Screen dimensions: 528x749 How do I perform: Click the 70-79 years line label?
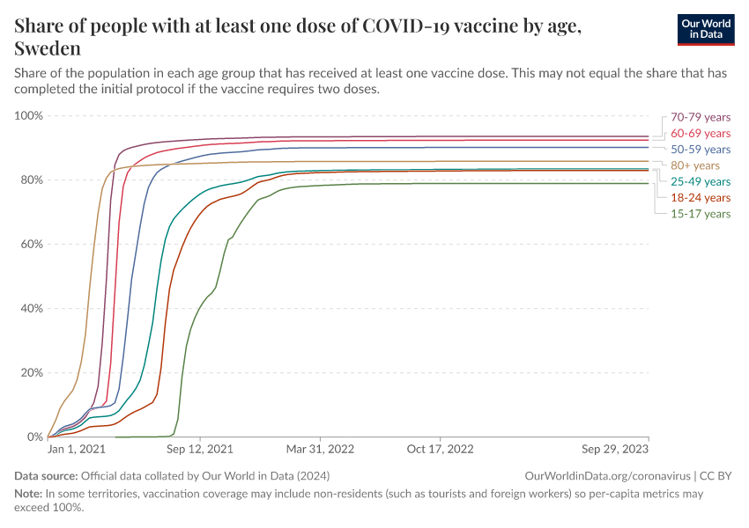coord(701,117)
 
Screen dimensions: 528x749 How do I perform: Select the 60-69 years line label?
coord(701,133)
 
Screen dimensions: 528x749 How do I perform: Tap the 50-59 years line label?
coord(701,150)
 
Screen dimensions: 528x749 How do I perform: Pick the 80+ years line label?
coord(695,165)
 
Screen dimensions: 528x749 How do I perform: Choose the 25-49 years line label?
coord(701,181)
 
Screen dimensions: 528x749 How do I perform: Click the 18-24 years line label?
coord(701,198)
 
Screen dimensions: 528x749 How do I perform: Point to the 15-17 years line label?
coord(701,214)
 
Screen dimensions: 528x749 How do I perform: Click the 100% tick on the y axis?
coord(29,116)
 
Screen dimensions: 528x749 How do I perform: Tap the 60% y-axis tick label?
coord(32,245)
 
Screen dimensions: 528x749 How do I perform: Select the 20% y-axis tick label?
coord(32,372)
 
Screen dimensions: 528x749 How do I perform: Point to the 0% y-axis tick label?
coord(35,436)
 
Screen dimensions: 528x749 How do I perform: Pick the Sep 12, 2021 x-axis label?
coord(201,449)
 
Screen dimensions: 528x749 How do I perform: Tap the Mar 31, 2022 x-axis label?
coord(320,449)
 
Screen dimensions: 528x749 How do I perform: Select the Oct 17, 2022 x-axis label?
coord(439,449)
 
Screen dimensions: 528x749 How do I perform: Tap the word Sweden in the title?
coord(48,48)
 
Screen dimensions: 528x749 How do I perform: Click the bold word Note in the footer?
coord(28,494)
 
